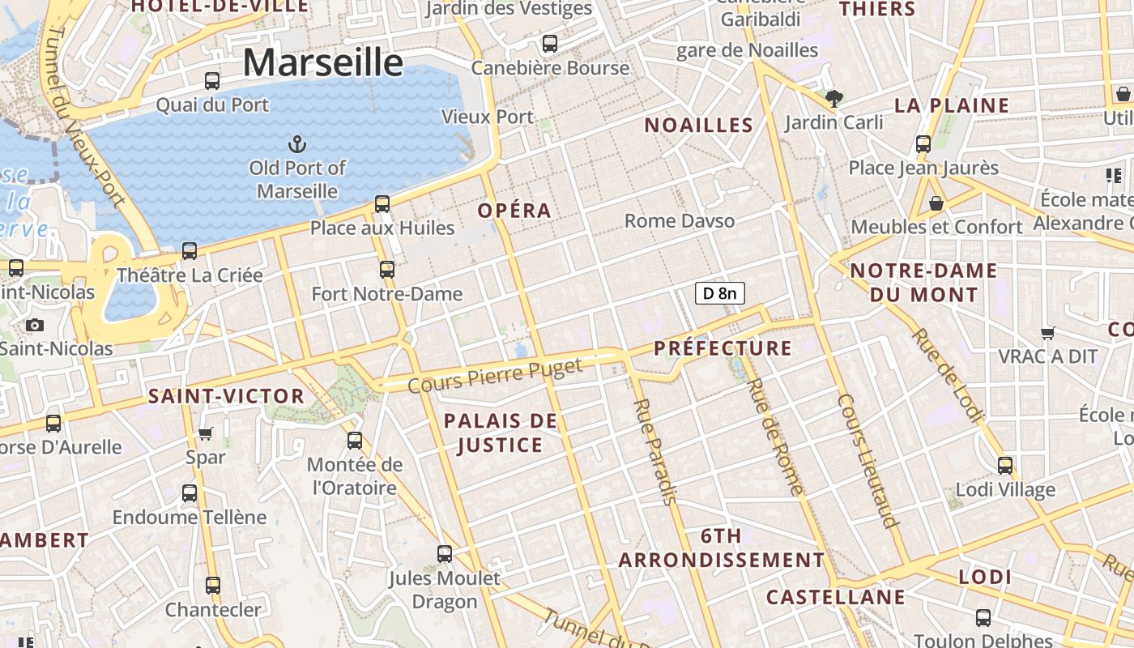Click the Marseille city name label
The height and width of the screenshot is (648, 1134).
pos(322,62)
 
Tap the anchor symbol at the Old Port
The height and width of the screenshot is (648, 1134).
pos(297,145)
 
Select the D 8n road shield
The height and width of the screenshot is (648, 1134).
pos(719,293)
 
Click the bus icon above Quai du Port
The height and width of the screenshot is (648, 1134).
pos(212,80)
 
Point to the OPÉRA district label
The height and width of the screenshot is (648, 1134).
pos(514,211)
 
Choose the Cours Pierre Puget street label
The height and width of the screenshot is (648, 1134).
pos(495,376)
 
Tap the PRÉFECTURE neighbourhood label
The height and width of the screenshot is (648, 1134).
pos(723,348)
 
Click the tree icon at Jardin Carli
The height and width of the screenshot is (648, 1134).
pos(833,99)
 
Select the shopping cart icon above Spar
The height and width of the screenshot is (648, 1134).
pos(206,433)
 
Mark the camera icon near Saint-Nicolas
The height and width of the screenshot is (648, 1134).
pos(34,325)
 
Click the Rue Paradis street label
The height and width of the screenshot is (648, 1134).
pos(654,451)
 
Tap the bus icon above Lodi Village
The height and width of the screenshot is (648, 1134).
pos(1005,465)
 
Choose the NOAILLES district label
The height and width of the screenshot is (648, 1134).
pos(699,125)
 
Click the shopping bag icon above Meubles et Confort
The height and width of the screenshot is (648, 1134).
pos(936,203)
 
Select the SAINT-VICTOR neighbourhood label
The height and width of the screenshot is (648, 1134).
pos(226,396)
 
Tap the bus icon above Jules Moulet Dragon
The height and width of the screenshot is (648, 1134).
pos(445,554)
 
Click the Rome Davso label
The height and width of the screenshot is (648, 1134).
pos(680,220)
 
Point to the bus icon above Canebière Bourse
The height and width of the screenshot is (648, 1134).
pos(550,44)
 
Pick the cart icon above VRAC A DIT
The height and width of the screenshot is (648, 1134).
pos(1048,332)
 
